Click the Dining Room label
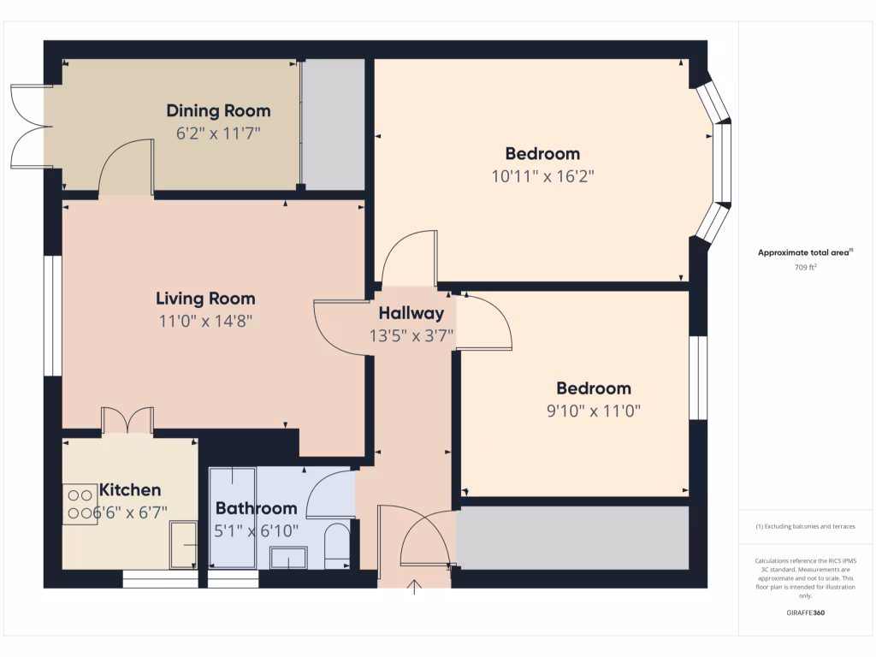218,110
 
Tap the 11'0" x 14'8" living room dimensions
205,321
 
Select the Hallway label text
411,313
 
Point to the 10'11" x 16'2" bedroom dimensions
542,176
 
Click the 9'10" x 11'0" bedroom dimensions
595,411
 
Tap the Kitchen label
130,490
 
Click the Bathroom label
256,508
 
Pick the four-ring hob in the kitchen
80,504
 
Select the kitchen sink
183,544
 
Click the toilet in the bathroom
337,545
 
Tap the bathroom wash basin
289,559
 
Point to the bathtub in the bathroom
232,518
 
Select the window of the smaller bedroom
699,377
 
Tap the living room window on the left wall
52,316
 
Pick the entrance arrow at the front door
417,587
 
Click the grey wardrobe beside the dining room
334,124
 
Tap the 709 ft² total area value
805,267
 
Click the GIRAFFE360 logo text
805,613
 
